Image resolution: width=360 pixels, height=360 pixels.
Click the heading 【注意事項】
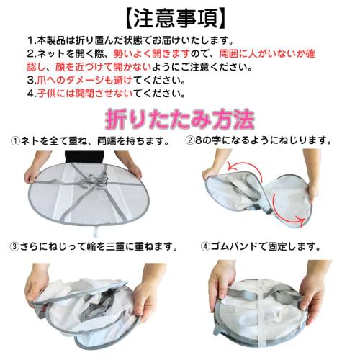179,16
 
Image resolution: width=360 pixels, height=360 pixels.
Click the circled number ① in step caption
15,140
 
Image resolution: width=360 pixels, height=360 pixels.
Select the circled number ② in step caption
190,140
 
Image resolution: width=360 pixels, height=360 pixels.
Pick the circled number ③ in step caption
15,246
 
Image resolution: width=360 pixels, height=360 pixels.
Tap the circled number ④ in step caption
206,246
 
